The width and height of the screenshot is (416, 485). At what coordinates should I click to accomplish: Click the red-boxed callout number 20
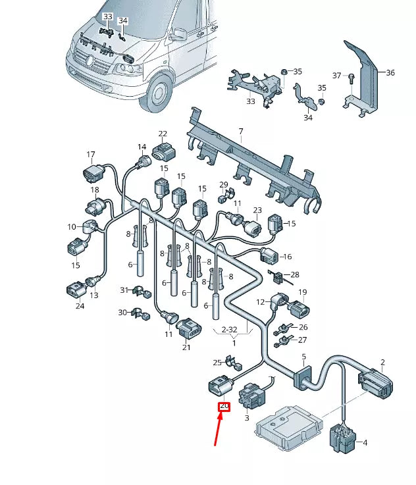coord(224,407)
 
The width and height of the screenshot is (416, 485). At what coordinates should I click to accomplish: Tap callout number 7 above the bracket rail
coord(241,132)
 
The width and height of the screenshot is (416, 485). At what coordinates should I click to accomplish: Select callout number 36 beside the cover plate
coord(390,72)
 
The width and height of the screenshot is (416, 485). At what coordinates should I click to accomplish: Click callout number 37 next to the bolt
coord(337,76)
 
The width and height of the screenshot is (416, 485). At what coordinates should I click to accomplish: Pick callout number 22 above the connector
coord(163,134)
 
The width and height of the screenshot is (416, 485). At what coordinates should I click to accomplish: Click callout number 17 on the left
coord(91,155)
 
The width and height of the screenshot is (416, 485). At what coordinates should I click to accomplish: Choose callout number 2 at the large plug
coord(382,362)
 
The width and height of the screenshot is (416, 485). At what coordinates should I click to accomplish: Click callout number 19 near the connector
coord(303,292)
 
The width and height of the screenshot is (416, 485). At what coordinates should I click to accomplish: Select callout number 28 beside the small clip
coord(294,274)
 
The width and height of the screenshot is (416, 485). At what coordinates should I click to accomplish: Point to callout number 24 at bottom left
coord(80,305)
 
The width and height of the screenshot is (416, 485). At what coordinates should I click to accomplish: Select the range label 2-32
coord(229,328)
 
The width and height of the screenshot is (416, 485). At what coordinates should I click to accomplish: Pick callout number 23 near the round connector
coord(257,211)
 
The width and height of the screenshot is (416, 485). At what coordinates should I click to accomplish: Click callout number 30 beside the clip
coord(121,313)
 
